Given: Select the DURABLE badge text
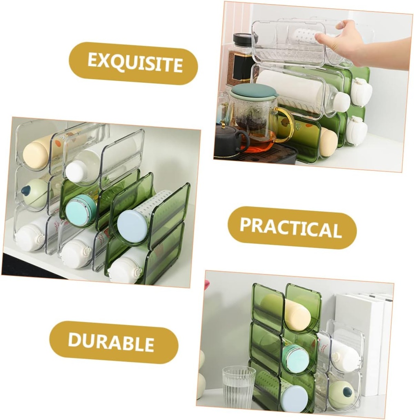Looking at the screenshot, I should tap(111, 342).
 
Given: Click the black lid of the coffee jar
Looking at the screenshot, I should tap(245, 39).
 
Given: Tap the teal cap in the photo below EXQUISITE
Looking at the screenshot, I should tap(80, 210).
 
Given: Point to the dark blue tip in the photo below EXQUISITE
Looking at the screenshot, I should tap(26, 191).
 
